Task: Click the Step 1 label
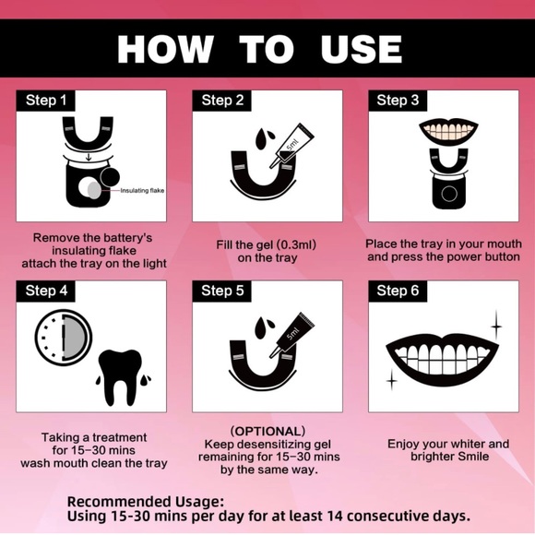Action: click(46, 101)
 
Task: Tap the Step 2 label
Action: click(222, 101)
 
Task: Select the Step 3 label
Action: click(398, 101)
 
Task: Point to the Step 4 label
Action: click(46, 291)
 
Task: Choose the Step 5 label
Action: click(222, 291)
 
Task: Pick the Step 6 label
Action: click(398, 291)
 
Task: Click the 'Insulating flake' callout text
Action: click(142, 190)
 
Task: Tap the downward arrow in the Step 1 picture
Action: click(89, 157)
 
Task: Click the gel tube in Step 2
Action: click(291, 146)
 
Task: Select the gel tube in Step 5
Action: click(291, 335)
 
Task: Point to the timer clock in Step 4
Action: click(64, 337)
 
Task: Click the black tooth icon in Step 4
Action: click(120, 377)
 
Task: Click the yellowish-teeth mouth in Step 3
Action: click(448, 130)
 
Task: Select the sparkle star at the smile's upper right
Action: click(496, 327)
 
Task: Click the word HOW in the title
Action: click(165, 50)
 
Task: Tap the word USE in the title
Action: click(361, 50)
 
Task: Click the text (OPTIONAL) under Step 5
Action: click(267, 432)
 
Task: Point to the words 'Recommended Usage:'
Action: click(146, 502)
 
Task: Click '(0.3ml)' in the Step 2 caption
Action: click(296, 245)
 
